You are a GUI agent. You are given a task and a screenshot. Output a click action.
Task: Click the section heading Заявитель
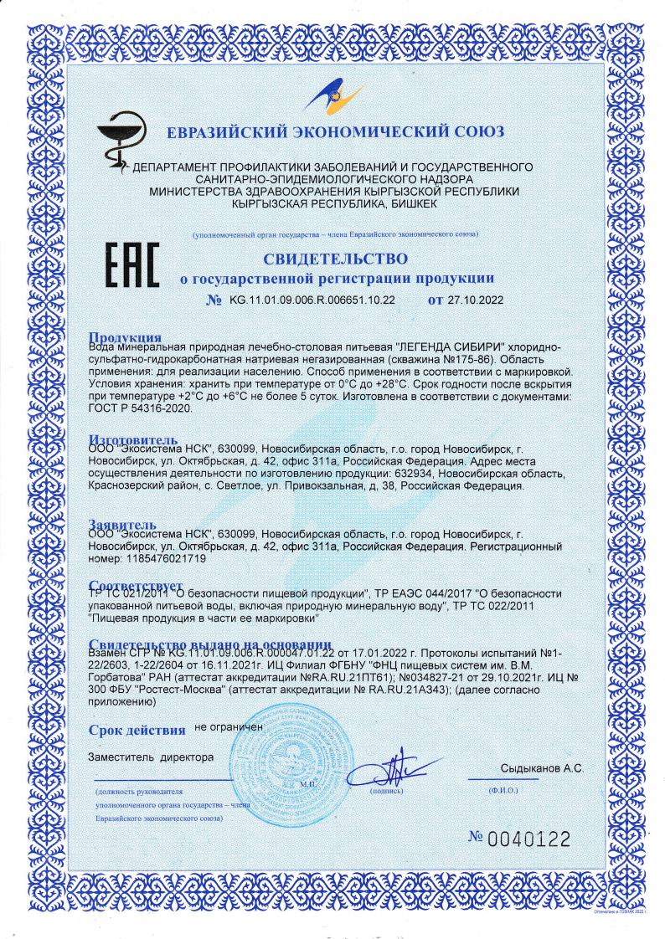(124, 525)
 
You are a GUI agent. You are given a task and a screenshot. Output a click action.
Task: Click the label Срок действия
(137, 730)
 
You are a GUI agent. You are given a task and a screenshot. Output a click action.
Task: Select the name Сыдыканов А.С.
(541, 768)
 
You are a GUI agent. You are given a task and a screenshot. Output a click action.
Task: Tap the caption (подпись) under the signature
(386, 789)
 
